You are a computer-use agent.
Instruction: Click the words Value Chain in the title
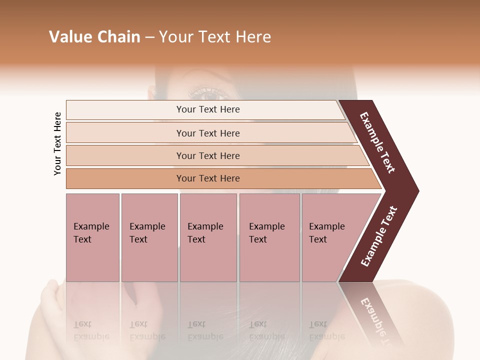94,37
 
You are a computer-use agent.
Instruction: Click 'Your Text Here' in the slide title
215,37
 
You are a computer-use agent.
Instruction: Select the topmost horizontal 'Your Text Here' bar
208,109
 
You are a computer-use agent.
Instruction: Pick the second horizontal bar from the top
208,133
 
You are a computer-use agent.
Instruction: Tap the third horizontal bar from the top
208,155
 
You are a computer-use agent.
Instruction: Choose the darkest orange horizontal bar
208,178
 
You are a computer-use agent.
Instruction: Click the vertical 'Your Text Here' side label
58,143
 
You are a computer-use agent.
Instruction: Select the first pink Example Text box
92,233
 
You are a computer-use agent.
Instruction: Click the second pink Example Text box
148,233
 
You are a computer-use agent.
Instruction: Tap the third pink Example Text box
207,233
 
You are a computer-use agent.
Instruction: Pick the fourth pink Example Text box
268,233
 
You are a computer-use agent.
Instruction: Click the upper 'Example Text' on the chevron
378,142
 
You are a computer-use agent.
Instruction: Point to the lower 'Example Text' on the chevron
379,236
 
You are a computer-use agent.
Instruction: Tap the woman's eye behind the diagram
210,94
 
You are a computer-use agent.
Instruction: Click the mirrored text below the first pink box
91,330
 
